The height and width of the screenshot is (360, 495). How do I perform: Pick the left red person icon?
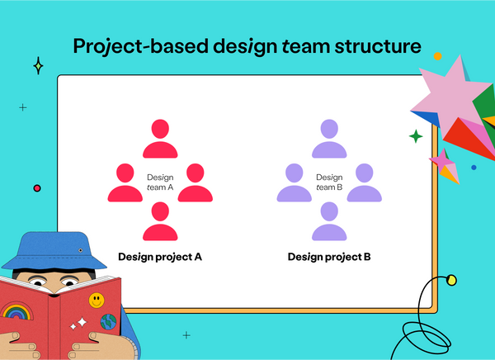pos(125,182)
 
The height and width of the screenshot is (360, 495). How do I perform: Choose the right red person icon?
pos(196,182)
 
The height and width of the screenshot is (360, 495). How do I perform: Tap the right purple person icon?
pos(365,182)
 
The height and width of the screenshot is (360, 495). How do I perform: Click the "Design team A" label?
pos(160,182)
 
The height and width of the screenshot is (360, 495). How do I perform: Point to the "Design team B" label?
pos(329,182)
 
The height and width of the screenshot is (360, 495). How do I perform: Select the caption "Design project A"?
pos(160,257)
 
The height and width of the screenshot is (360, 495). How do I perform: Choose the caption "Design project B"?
pos(329,257)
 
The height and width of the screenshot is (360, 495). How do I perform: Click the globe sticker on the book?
pos(109,320)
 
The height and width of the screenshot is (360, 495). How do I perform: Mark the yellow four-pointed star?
pos(38,66)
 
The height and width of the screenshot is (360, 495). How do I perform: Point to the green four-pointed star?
pos(416,136)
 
